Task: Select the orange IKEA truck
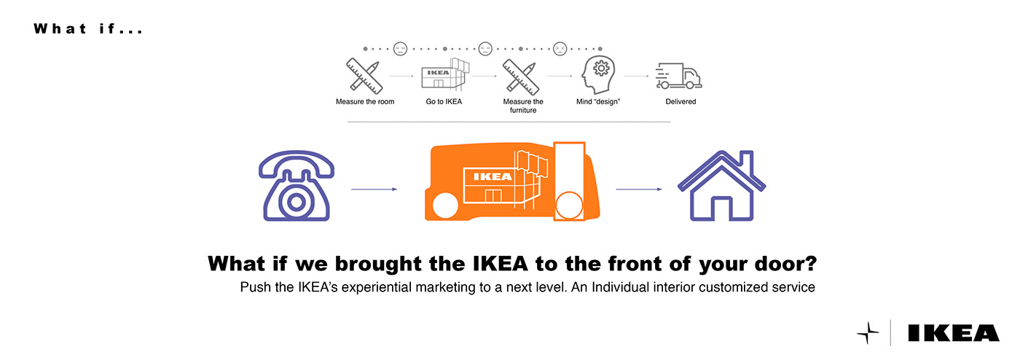click(x=514, y=182)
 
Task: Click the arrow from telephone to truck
click(x=374, y=189)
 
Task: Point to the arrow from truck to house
click(x=639, y=189)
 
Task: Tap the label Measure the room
click(x=365, y=102)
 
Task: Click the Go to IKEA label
click(x=444, y=102)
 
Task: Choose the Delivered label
click(x=680, y=102)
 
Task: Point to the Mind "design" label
click(x=598, y=102)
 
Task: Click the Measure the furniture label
click(x=522, y=106)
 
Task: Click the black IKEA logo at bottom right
click(x=954, y=333)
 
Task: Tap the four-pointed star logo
click(x=868, y=333)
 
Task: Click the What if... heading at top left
click(x=87, y=30)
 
